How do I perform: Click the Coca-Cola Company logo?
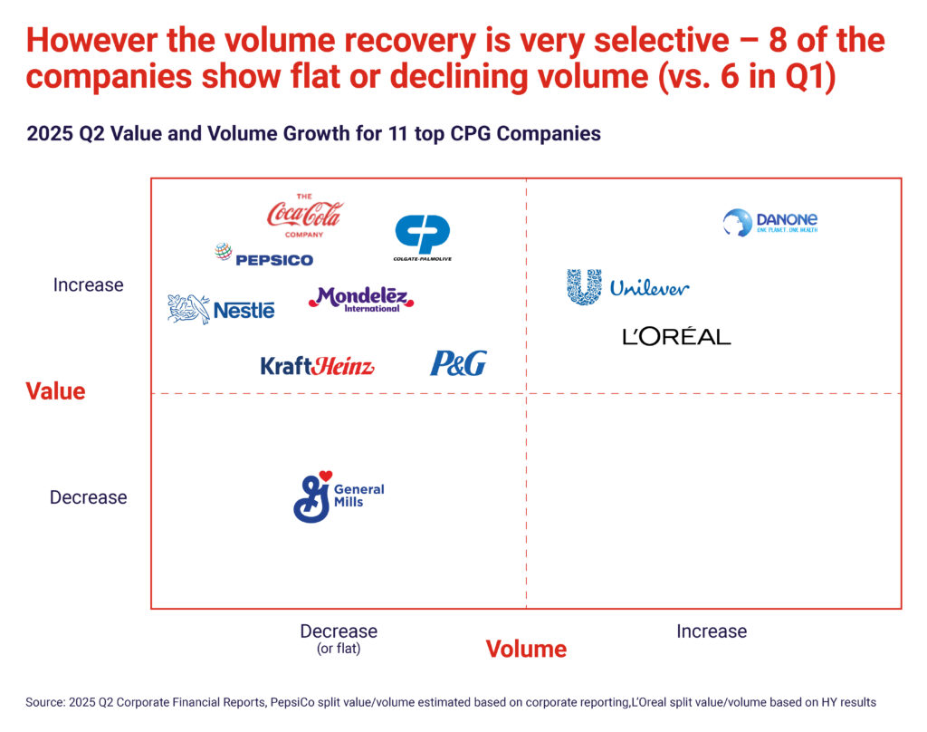(x=305, y=216)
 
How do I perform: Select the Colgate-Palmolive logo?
(x=423, y=237)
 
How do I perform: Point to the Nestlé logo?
(x=221, y=309)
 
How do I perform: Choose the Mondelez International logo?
(x=361, y=299)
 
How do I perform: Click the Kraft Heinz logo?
(x=317, y=366)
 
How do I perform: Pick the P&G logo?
(x=457, y=364)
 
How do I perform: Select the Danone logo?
(x=770, y=222)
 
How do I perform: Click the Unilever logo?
(x=627, y=287)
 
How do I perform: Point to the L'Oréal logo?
(x=676, y=337)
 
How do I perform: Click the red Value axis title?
(x=55, y=391)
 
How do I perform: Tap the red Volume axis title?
(x=526, y=649)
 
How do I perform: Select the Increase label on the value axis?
(x=88, y=285)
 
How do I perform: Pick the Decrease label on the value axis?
(x=88, y=497)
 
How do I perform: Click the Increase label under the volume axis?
(x=712, y=631)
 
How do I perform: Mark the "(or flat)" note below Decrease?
(x=339, y=649)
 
